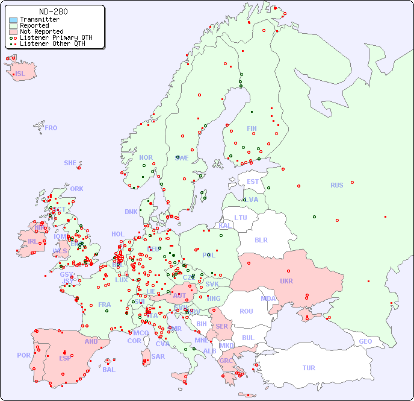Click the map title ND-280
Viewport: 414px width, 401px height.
point(53,11)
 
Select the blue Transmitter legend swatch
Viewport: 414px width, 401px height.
point(13,20)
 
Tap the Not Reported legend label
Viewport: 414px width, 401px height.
point(42,31)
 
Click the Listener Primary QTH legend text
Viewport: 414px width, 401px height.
point(56,37)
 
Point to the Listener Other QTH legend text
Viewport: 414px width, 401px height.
point(54,43)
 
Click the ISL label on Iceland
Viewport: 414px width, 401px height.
point(20,74)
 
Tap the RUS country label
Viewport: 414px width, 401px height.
point(336,185)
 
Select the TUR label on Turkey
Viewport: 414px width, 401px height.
point(309,368)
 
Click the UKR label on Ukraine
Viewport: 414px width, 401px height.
point(286,281)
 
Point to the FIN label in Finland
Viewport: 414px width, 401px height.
point(252,128)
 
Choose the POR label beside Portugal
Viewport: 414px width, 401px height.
point(23,355)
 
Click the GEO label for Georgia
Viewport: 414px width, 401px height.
point(365,341)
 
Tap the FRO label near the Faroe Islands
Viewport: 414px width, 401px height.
point(51,128)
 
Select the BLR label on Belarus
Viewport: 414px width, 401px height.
point(261,239)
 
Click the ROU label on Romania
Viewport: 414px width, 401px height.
point(246,311)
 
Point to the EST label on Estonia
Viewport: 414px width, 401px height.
point(253,182)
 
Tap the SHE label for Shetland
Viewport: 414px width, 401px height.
point(70,163)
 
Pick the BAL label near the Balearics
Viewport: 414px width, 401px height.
point(109,370)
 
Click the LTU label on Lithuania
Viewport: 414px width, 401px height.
point(241,218)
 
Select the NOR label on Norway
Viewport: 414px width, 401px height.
point(146,157)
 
